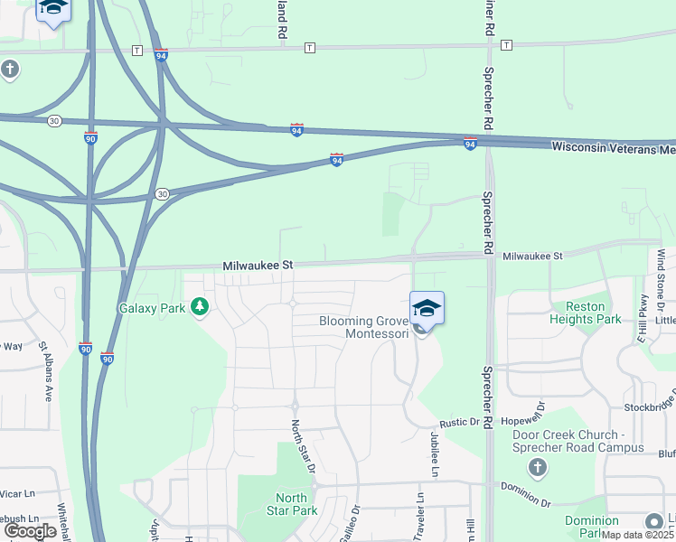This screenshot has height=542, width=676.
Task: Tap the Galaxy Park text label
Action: (152, 308)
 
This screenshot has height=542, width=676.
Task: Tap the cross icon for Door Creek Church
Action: (538, 467)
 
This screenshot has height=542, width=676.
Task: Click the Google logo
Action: (30, 531)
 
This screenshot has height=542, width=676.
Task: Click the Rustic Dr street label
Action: (458, 422)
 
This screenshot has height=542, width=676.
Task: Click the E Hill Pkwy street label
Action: (643, 319)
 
